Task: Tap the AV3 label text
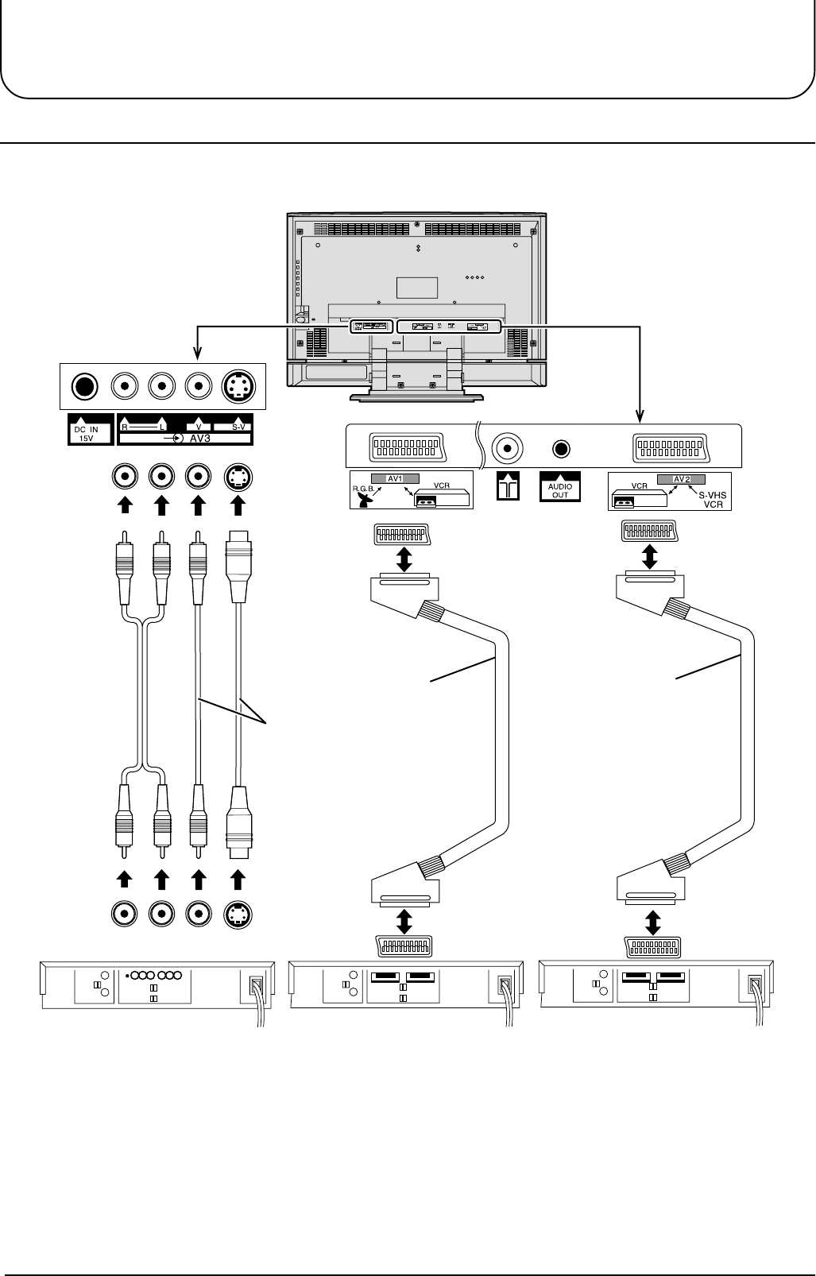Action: click(x=200, y=439)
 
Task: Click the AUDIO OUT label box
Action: click(x=560, y=487)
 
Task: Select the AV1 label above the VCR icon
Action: click(x=395, y=478)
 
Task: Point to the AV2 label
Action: click(x=682, y=479)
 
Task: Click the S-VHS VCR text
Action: click(x=712, y=500)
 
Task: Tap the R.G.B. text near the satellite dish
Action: click(x=363, y=488)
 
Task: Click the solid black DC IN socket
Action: click(x=84, y=387)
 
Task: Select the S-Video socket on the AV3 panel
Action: click(x=238, y=387)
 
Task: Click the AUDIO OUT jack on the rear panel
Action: click(x=561, y=449)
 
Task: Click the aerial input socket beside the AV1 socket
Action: click(x=507, y=448)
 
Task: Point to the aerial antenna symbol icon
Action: click(x=508, y=485)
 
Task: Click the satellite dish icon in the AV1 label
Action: click(x=364, y=500)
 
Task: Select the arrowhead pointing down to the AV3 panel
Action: click(x=197, y=354)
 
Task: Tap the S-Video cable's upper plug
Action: click(x=238, y=566)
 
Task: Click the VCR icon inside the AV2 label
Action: click(x=639, y=498)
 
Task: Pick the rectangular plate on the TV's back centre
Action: click(x=417, y=288)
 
